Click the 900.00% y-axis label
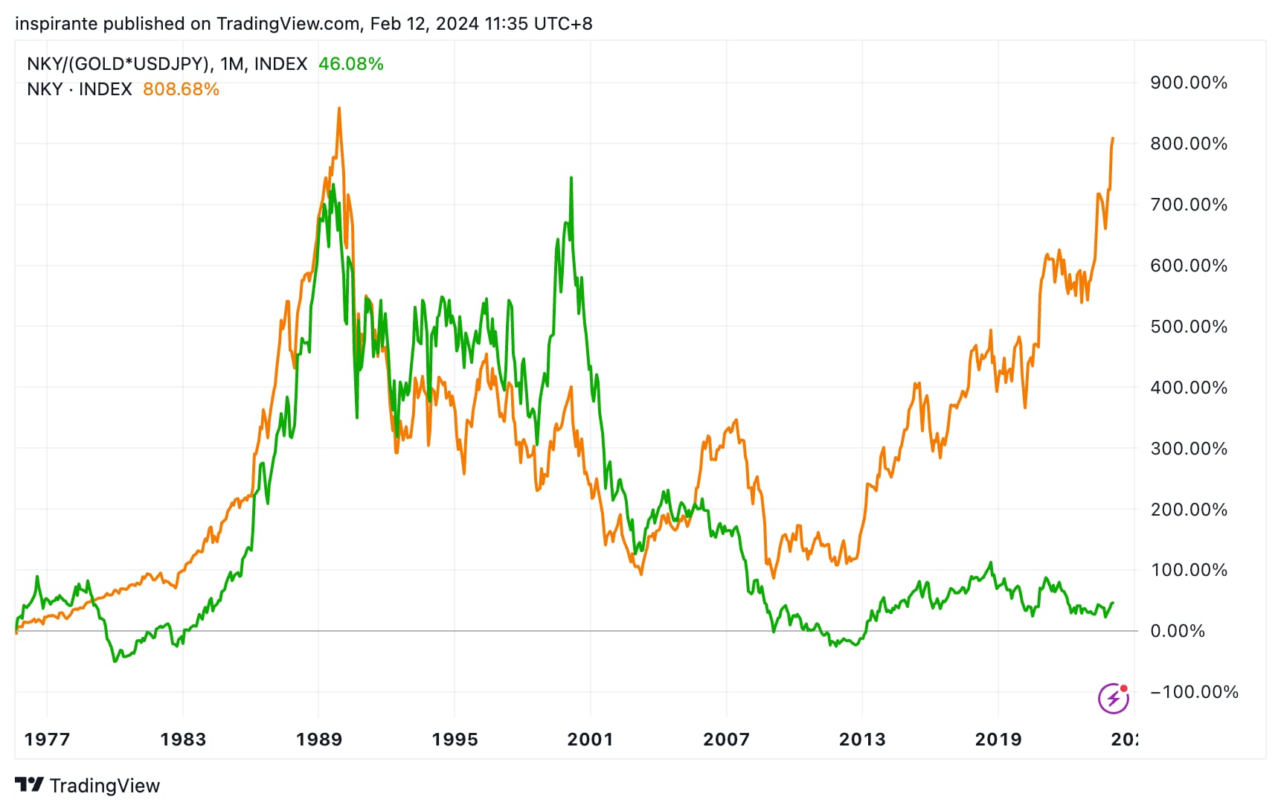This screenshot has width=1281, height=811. tap(1188, 83)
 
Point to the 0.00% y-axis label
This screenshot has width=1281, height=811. tap(1177, 631)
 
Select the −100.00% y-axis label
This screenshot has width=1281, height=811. tap(1194, 692)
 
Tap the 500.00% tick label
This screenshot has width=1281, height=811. tap(1188, 327)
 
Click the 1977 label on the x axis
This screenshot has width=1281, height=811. tap(47, 740)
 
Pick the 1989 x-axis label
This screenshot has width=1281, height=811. tap(319, 740)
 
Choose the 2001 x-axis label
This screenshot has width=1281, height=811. tap(590, 740)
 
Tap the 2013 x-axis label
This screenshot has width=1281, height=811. tap(862, 740)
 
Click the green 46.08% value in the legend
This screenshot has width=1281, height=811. tap(350, 64)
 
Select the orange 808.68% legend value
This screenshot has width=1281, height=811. tap(181, 89)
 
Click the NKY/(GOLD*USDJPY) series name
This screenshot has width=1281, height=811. tap(118, 64)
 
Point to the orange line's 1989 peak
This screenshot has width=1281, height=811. tap(339, 109)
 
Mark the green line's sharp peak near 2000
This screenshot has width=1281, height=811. tap(571, 178)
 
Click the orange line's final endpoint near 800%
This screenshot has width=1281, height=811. tap(1113, 138)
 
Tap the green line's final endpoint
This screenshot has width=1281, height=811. tap(1113, 603)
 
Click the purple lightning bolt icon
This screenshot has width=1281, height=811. tap(1113, 698)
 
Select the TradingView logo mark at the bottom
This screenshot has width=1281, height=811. tap(30, 785)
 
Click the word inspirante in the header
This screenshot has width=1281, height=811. tap(56, 24)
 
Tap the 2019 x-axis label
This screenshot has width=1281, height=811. tap(998, 740)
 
